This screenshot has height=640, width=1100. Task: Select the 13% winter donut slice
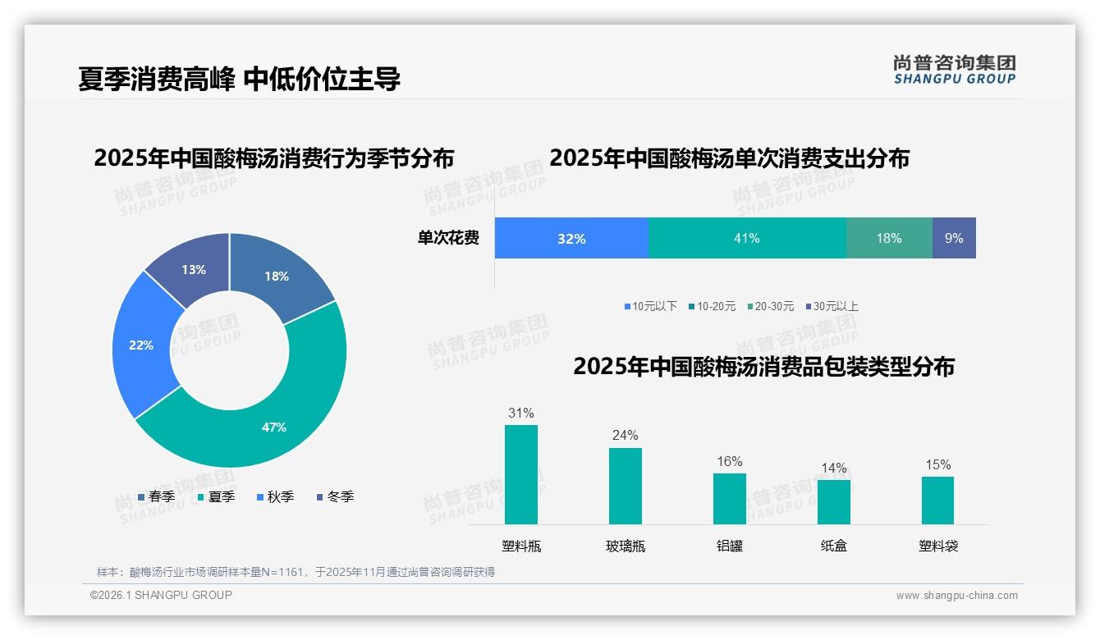click(x=194, y=269)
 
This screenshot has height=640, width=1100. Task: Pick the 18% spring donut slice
click(x=276, y=277)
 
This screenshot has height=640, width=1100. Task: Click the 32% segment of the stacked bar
click(x=571, y=238)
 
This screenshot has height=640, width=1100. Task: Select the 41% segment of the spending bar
click(x=747, y=238)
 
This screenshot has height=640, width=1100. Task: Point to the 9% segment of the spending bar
click(x=954, y=238)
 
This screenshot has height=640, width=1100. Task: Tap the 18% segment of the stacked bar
click(x=889, y=238)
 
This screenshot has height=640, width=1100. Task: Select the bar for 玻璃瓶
click(x=626, y=486)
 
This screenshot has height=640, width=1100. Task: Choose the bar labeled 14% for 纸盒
click(x=834, y=501)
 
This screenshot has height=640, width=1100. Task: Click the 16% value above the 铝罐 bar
click(x=730, y=462)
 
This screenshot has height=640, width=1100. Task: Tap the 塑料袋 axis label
click(x=938, y=546)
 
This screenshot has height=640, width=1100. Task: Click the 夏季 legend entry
click(x=217, y=497)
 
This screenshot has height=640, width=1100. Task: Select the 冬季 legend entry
click(x=336, y=497)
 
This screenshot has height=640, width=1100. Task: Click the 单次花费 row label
click(x=448, y=239)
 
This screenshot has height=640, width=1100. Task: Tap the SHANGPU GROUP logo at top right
click(x=955, y=70)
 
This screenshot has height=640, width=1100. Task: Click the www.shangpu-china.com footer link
click(x=956, y=596)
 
